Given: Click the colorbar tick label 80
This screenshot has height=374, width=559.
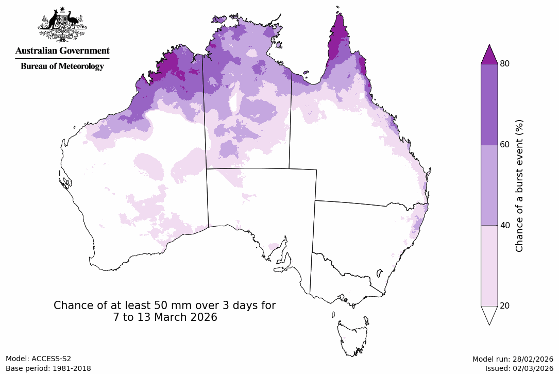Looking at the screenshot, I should pyautogui.click(x=505, y=63).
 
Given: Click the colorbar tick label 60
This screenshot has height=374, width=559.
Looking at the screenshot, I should pyautogui.click(x=505, y=144).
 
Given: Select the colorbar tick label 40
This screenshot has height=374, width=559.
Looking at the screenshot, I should pyautogui.click(x=505, y=225).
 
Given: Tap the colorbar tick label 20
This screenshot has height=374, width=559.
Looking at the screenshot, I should pyautogui.click(x=505, y=306).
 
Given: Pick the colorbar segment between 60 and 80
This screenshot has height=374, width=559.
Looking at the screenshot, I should pyautogui.click(x=489, y=104).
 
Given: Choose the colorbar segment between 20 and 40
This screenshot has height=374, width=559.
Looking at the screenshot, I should pyautogui.click(x=489, y=265).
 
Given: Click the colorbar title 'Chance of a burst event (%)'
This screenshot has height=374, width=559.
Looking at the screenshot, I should pyautogui.click(x=519, y=185).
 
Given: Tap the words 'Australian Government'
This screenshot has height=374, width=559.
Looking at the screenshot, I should pyautogui.click(x=62, y=50).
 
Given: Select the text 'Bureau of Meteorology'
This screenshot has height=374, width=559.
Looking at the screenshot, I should pyautogui.click(x=62, y=66).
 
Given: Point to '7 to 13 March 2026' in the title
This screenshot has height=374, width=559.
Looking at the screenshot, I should pyautogui.click(x=165, y=317).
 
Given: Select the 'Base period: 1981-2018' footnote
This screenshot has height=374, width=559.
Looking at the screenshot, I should pyautogui.click(x=48, y=368).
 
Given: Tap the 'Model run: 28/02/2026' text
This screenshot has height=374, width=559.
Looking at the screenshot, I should pyautogui.click(x=512, y=359).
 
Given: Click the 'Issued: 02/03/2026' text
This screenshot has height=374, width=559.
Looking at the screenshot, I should pyautogui.click(x=519, y=368).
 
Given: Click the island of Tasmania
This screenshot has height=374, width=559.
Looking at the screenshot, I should pyautogui.click(x=353, y=337).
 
